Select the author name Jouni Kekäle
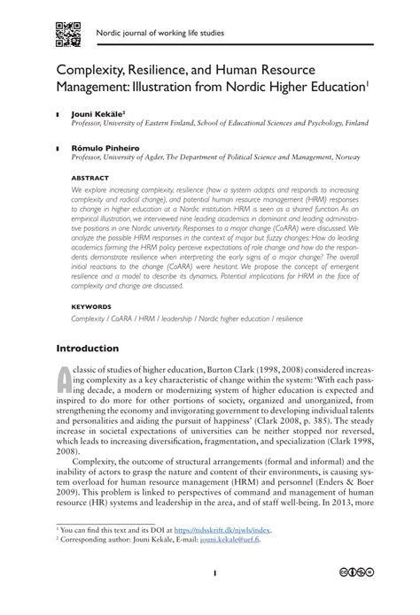point(99,114)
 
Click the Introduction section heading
point(88,348)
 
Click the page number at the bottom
point(214,597)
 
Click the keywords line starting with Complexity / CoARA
point(186,317)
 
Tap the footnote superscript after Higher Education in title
point(367,83)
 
